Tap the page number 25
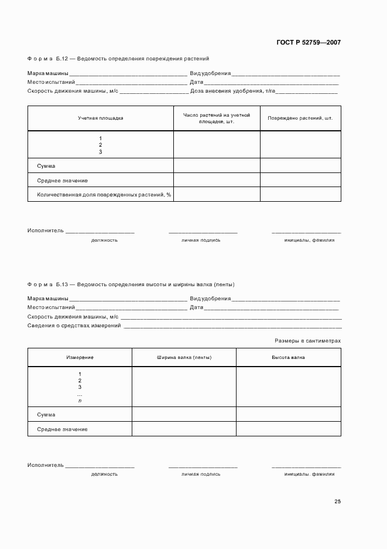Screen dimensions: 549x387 point(337,501)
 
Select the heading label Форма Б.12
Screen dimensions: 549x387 point(48,59)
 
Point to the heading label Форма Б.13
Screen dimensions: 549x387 point(48,284)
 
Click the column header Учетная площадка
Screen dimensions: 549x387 point(101,118)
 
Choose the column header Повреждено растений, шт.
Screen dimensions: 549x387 point(300,118)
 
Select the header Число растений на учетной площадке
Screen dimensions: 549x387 point(217,118)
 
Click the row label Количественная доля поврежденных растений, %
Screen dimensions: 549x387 point(104,194)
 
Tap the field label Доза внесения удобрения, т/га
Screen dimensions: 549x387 point(232,91)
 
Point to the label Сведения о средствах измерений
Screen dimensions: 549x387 point(74,325)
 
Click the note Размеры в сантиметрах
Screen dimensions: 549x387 point(308,340)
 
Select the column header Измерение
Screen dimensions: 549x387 point(80,357)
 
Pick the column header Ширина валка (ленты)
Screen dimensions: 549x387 point(184,357)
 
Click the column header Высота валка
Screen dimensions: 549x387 point(288,357)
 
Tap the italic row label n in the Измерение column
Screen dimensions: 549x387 point(80,401)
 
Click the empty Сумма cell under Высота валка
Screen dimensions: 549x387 point(288,415)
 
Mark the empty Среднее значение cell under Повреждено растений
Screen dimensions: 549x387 point(300,180)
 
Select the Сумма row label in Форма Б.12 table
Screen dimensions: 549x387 point(46,166)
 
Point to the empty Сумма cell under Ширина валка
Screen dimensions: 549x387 point(184,415)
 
